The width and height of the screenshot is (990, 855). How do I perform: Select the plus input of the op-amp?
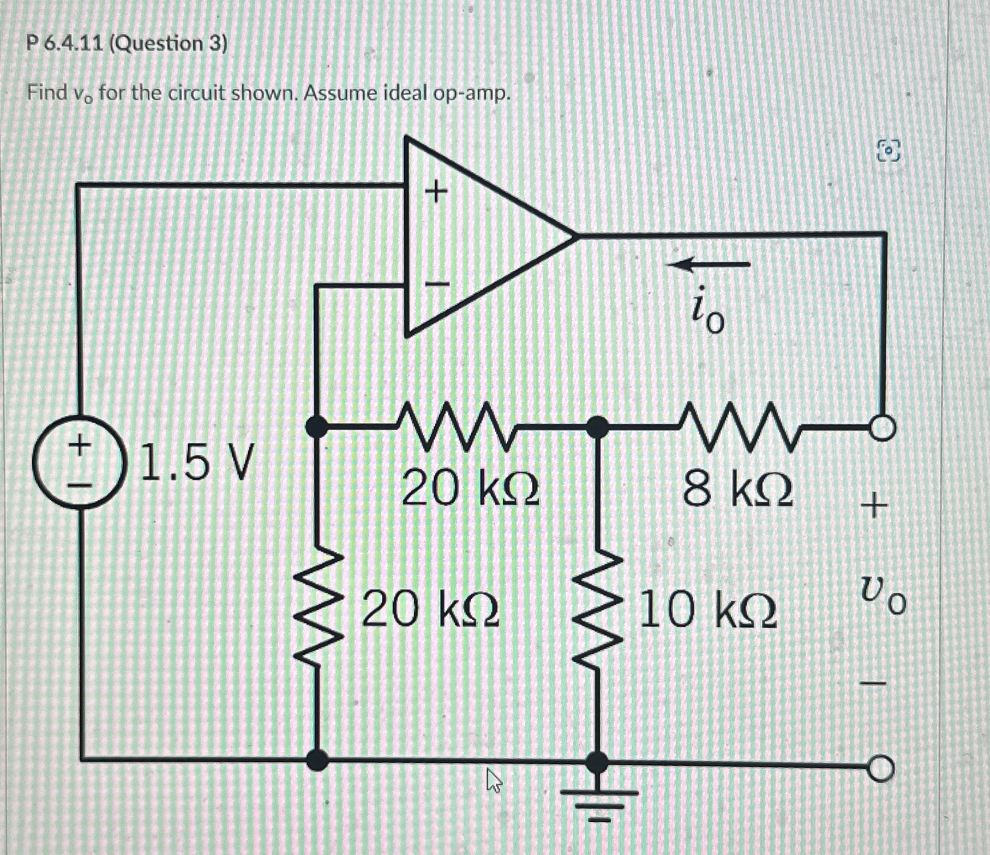436,192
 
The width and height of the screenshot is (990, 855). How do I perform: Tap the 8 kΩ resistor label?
737,489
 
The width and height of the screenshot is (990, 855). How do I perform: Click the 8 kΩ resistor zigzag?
739,427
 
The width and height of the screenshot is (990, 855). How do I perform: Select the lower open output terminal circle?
883,768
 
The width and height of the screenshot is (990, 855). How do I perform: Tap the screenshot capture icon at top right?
889,151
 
